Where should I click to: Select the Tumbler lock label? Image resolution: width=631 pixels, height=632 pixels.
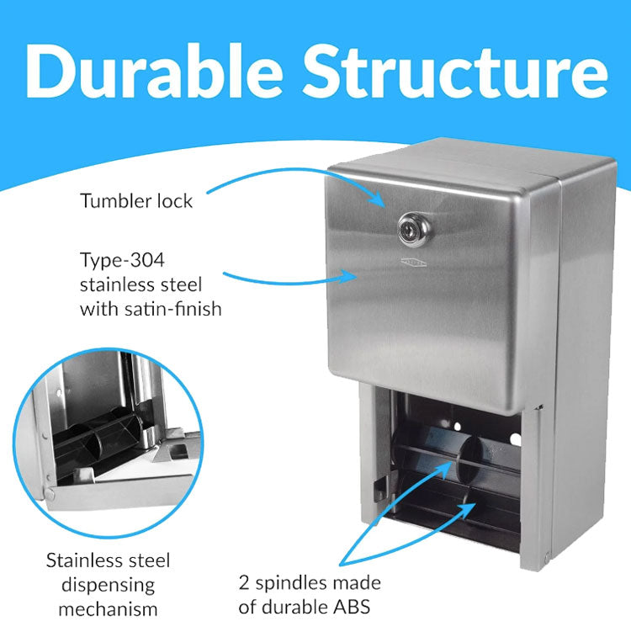coord(136,201)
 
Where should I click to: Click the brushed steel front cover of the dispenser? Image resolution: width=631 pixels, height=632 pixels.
coord(437,320)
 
